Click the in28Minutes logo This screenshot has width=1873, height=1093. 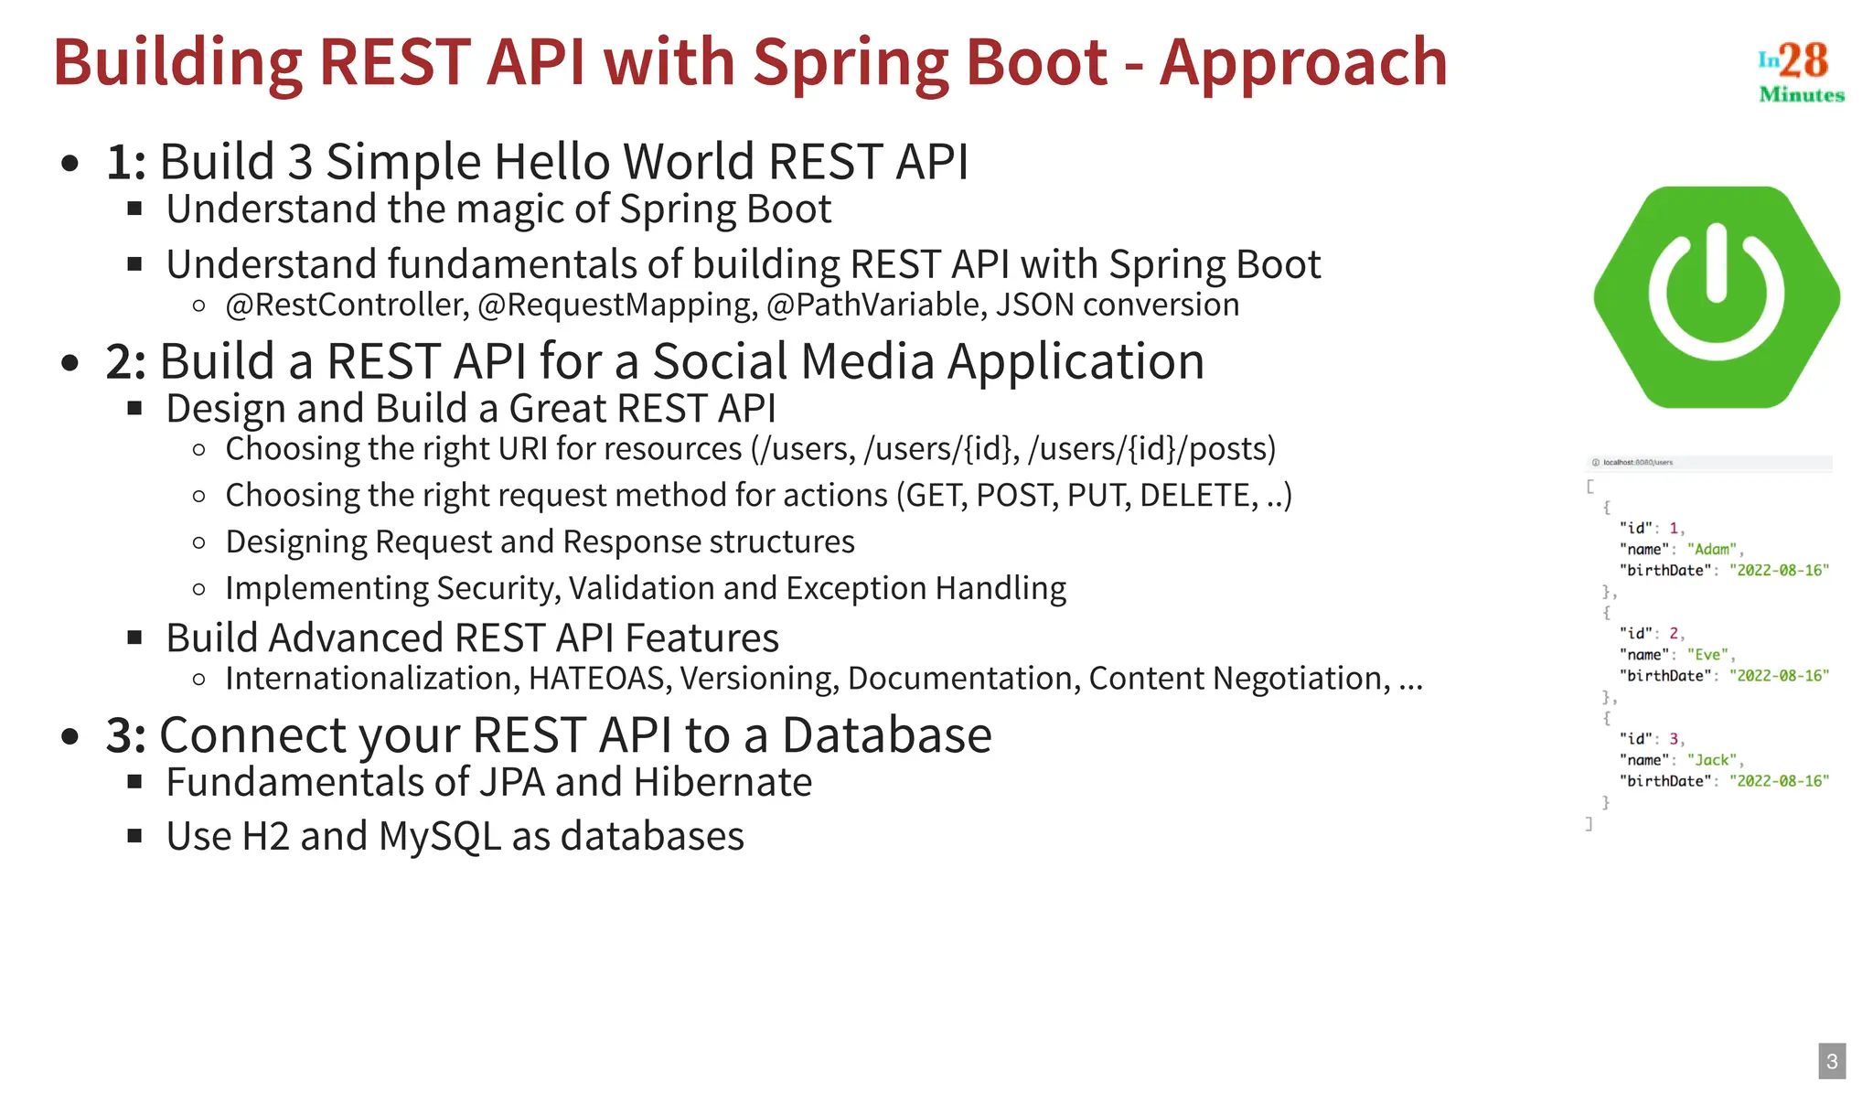coord(1800,71)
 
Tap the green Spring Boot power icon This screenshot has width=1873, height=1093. coord(1716,297)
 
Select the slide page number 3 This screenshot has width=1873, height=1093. coord(1832,1061)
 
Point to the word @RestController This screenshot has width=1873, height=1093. coord(347,305)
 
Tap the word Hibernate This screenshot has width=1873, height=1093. coord(722,782)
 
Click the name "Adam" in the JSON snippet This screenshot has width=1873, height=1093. coord(1712,549)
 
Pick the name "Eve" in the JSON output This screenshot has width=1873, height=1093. coord(1707,655)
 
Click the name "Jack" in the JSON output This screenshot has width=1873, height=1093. coord(1711,760)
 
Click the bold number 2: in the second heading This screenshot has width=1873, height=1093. coord(125,361)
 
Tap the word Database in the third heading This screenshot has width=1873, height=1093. coord(886,735)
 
